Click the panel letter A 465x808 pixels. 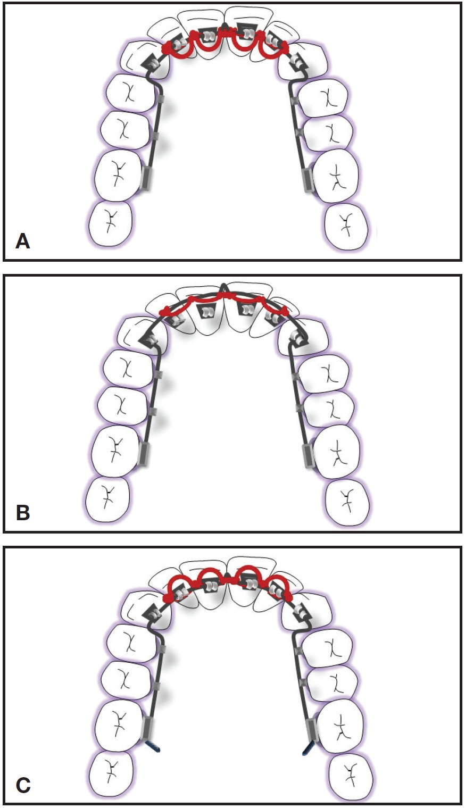point(22,241)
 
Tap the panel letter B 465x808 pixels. point(22,513)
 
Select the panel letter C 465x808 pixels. point(22,785)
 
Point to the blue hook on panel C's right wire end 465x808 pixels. point(308,749)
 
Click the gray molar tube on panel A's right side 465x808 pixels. point(306,179)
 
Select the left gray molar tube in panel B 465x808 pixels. point(142,454)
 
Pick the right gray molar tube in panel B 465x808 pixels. point(308,455)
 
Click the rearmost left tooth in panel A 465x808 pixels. point(111,223)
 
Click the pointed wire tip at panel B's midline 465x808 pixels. point(224,287)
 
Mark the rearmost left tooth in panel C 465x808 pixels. point(111,772)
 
